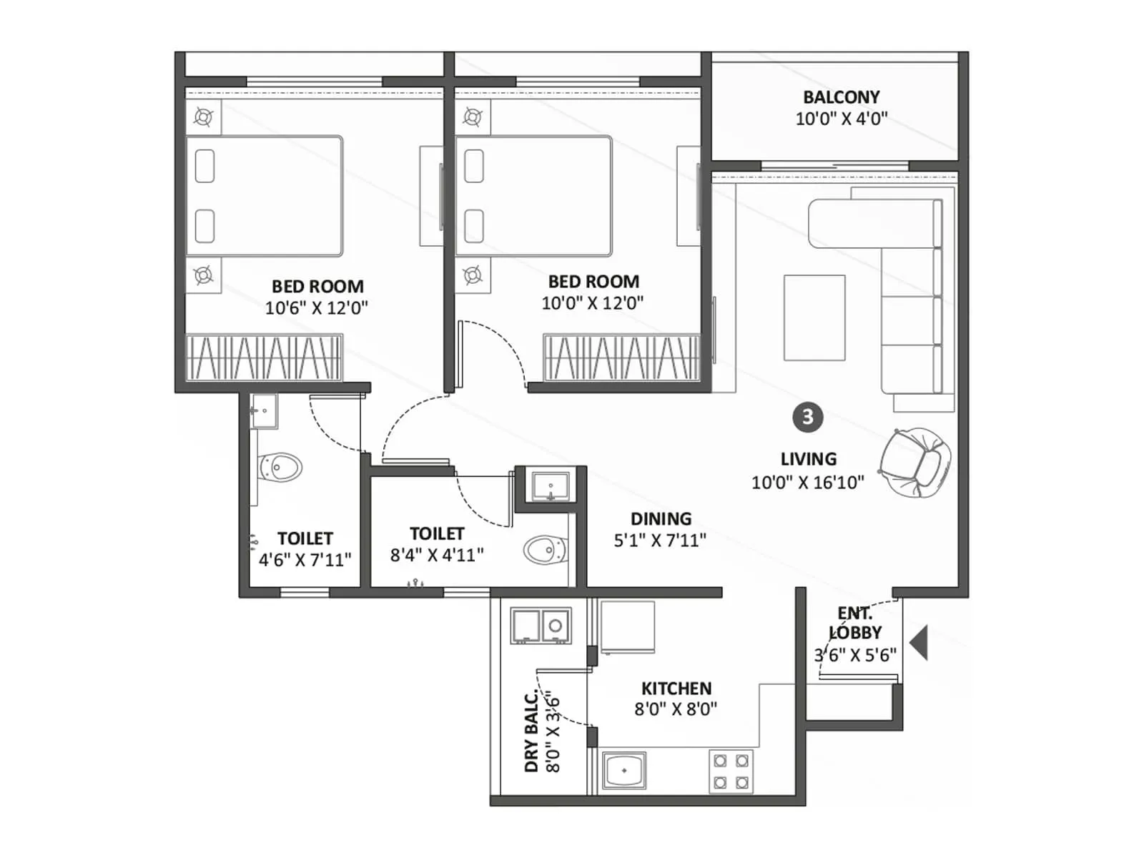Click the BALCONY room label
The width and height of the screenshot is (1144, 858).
(841, 97)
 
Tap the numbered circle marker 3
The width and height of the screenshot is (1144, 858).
(807, 417)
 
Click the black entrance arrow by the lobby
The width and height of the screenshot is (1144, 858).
(919, 642)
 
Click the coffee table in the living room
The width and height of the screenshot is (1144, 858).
(814, 317)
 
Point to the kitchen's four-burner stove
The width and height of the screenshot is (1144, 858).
(731, 771)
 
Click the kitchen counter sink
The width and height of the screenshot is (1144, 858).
(624, 770)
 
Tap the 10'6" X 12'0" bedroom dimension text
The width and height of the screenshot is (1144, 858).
(316, 308)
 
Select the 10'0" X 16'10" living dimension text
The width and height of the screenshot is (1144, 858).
(807, 483)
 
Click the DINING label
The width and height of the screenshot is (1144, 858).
(661, 518)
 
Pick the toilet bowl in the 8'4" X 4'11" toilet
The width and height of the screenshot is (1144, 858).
(545, 550)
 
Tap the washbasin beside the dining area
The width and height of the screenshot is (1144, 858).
(550, 487)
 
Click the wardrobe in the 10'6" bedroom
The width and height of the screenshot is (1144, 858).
(265, 357)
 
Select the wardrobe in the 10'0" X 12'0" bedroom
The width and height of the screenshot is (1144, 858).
(621, 357)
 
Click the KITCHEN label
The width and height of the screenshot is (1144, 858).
(676, 689)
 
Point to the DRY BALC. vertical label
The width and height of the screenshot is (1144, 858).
(531, 732)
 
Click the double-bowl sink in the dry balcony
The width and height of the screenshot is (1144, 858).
(541, 626)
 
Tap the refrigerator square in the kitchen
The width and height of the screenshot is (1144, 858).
(628, 626)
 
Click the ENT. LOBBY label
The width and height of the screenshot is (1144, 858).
(855, 623)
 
